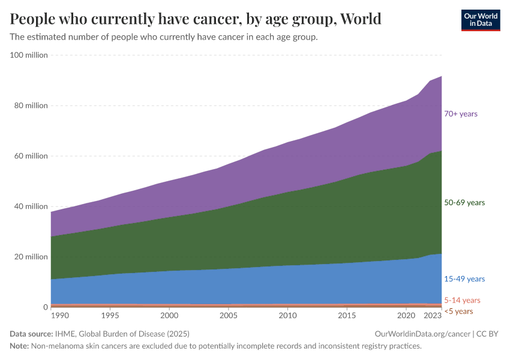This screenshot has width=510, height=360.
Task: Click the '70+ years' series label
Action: tap(461, 114)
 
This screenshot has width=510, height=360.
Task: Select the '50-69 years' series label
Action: tap(464, 203)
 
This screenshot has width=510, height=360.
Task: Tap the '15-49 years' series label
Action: tap(464, 279)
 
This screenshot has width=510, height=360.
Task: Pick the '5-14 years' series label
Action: tap(462, 300)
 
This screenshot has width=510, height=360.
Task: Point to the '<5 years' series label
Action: tap(458, 311)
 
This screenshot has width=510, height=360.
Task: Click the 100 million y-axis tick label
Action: tap(29, 55)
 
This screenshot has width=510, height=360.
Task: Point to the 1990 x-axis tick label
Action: tap(59, 315)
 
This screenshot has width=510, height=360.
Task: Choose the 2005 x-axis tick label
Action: tap(229, 315)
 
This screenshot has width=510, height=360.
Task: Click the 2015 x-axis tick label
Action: tap(347, 315)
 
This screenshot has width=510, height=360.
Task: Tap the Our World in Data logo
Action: tap(480, 20)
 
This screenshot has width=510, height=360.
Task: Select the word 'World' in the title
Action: tap(360, 19)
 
